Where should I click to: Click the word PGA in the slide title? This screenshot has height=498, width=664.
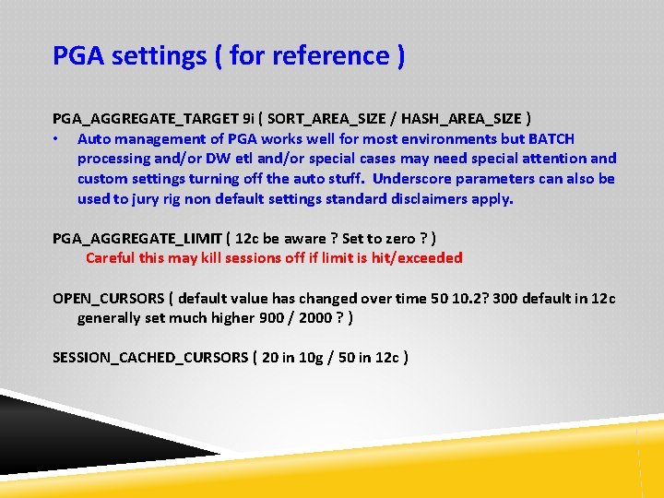78,56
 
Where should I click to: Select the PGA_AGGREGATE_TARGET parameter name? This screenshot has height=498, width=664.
145,119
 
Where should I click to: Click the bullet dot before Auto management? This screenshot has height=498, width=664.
57,139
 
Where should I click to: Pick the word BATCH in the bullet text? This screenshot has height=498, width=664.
551,139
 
